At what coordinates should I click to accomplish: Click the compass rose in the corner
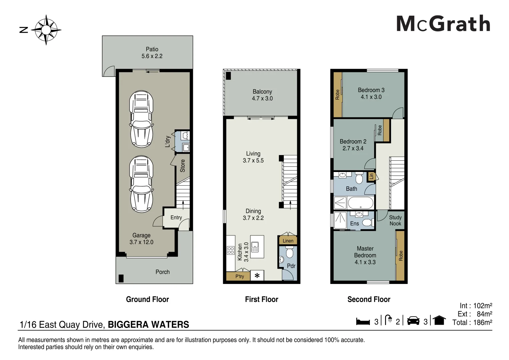click(46, 30)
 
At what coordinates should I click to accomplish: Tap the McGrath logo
click(443, 24)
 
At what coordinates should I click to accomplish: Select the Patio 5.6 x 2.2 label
click(152, 53)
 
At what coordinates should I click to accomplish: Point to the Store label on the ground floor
click(183, 166)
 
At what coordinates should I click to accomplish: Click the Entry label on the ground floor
click(176, 218)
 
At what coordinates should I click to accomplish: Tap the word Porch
click(163, 272)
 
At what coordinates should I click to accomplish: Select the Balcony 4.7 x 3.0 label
click(262, 95)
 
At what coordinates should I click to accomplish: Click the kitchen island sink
click(255, 247)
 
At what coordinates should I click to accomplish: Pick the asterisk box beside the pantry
click(257, 276)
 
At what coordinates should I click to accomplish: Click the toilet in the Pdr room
click(289, 253)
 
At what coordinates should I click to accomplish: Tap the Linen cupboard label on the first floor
click(288, 241)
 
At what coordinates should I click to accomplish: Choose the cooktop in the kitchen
click(231, 250)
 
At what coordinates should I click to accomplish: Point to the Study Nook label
click(395, 220)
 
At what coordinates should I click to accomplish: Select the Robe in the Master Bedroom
click(401, 255)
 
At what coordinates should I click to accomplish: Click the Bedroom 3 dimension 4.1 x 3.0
click(371, 97)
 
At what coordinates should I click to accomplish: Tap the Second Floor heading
click(369, 299)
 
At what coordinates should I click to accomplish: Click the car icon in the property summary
click(413, 321)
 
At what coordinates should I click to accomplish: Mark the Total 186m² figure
click(472, 322)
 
